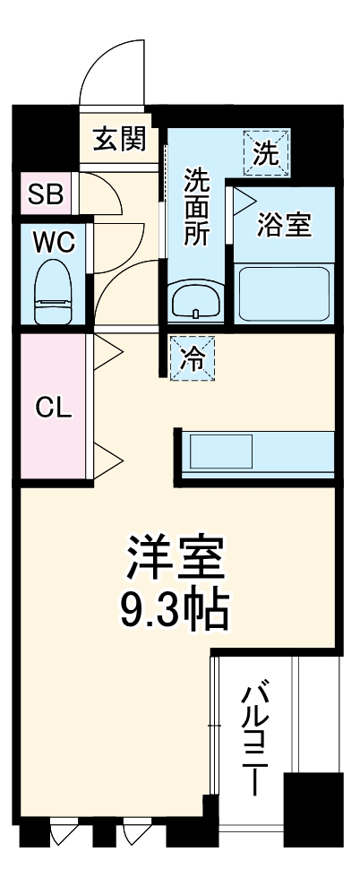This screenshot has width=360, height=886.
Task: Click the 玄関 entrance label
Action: click(x=119, y=140)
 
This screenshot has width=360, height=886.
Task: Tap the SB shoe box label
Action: click(x=45, y=194)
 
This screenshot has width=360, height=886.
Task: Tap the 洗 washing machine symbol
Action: click(x=266, y=151)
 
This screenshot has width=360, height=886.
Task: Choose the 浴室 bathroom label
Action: click(x=284, y=226)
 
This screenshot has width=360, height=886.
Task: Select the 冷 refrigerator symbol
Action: click(x=192, y=358)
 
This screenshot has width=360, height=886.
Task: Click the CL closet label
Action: click(x=52, y=408)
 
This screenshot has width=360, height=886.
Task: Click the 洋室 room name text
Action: click(x=175, y=562)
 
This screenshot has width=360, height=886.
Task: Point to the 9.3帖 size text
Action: click(x=175, y=612)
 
